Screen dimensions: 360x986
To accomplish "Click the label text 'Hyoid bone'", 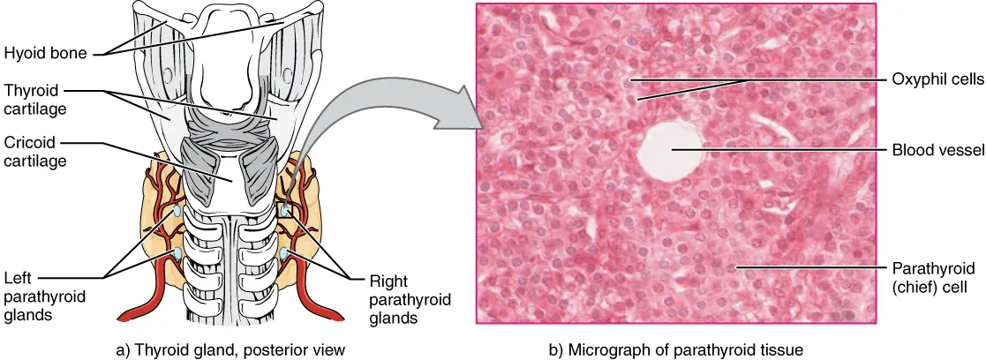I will pyautogui.click(x=45, y=54).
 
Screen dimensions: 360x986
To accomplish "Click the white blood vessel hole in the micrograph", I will pyautogui.click(x=673, y=147).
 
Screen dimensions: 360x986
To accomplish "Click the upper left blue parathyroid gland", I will pyautogui.click(x=177, y=212).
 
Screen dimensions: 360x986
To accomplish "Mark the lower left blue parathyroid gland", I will pyautogui.click(x=177, y=254).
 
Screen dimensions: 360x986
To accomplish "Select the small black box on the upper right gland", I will pyautogui.click(x=284, y=212).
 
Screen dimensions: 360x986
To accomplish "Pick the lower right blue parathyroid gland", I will pyautogui.click(x=285, y=255).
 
